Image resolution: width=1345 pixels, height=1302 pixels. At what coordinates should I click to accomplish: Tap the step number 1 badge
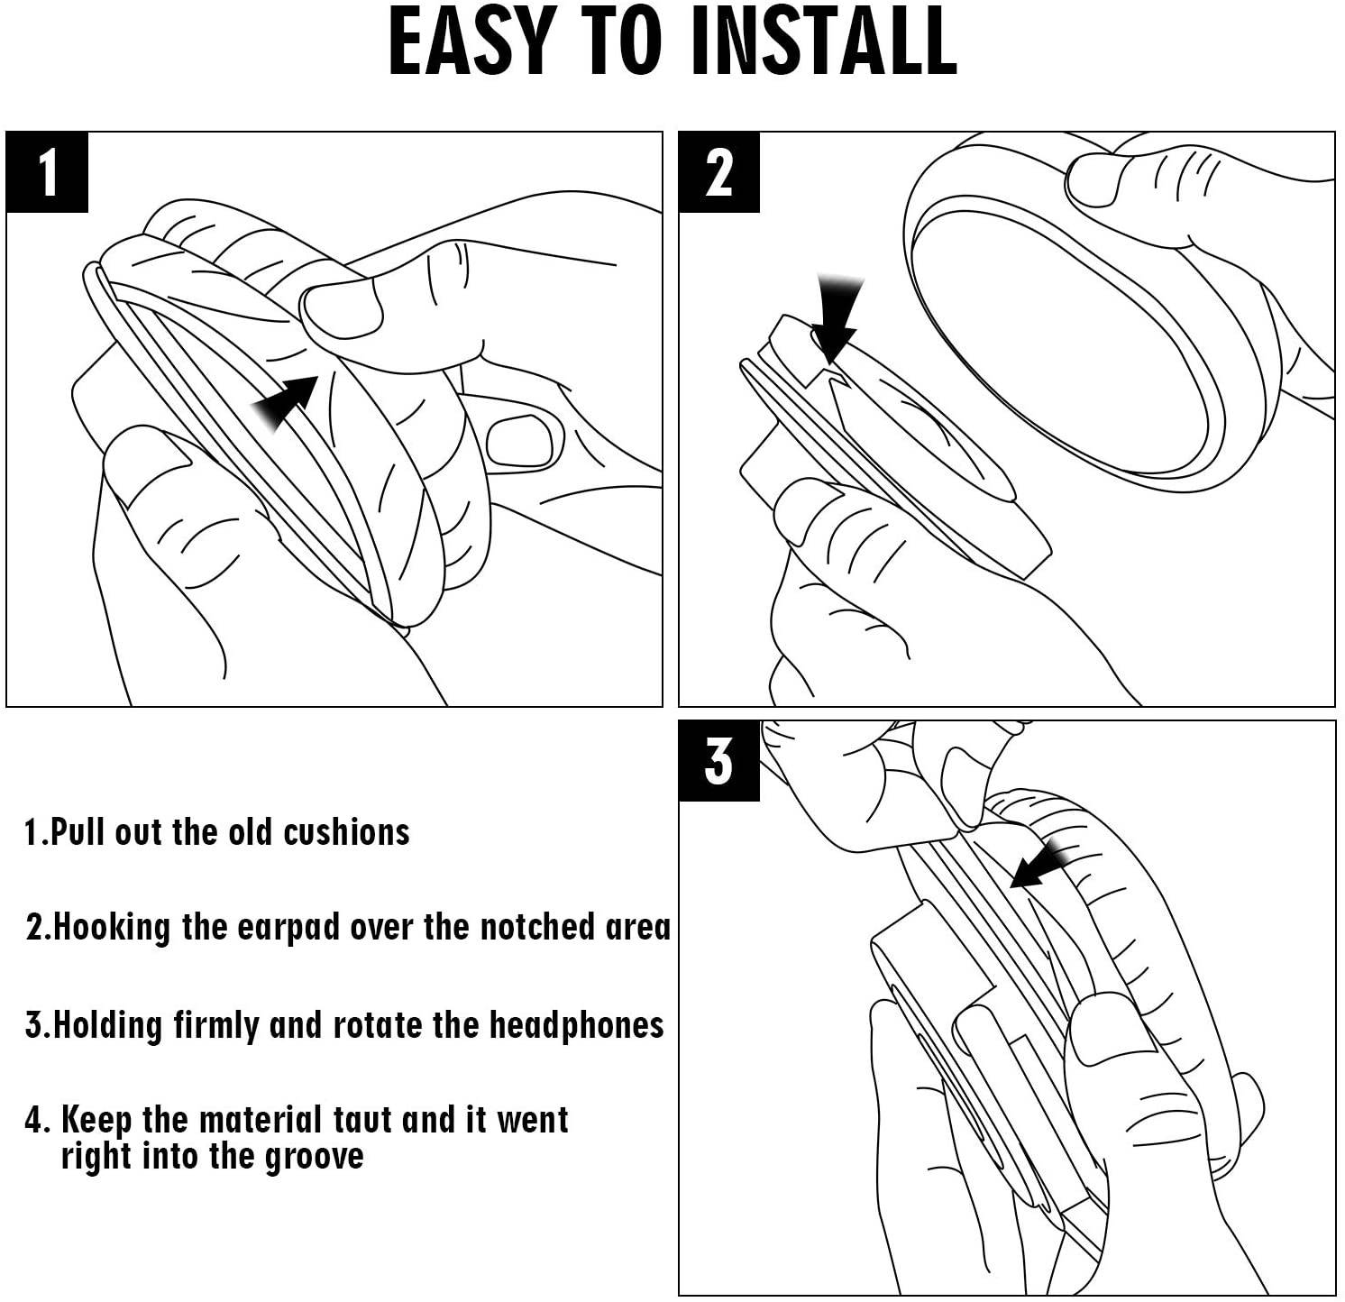pos(47,172)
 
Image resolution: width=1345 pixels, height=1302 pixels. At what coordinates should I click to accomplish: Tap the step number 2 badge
pos(718,172)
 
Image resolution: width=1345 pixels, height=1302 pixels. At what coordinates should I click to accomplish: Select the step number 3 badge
pos(718,761)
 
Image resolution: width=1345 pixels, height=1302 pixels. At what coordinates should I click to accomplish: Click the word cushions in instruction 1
pos(346,831)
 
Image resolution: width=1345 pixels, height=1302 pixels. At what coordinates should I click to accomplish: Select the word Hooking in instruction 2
pos(113,929)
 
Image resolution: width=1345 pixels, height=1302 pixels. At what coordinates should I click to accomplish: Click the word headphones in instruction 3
pos(576,1026)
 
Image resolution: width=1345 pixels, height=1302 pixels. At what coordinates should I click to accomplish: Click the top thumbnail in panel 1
pos(340,308)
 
